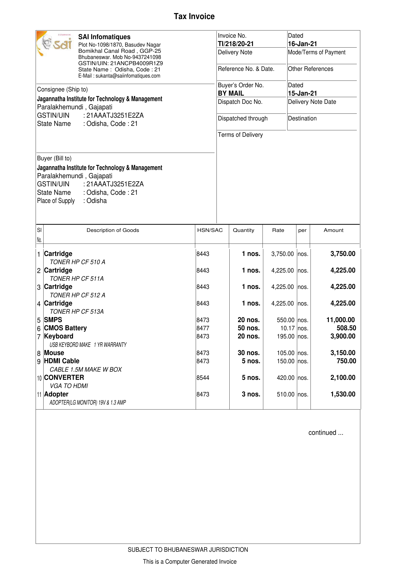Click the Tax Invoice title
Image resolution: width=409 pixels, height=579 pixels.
194,16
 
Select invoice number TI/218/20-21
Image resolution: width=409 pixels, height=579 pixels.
236,44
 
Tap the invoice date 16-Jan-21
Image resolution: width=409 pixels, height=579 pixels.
302,44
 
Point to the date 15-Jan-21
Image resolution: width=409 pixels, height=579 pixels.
302,93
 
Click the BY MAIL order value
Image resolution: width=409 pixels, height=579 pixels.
231,93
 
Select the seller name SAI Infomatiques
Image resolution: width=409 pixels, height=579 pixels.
104,37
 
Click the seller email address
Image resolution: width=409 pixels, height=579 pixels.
119,76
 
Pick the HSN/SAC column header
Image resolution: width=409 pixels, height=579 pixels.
210,230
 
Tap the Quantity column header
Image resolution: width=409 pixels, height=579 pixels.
243,230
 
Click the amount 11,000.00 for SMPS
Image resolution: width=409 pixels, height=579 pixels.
340,320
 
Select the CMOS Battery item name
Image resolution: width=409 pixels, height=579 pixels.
65,328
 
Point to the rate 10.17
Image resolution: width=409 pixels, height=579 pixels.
287,328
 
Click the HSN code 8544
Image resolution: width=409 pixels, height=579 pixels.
203,378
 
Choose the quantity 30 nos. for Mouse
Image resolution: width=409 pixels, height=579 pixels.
249,353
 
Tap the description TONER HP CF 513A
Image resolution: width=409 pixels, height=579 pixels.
76,312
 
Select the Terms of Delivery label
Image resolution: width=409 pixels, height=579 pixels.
240,135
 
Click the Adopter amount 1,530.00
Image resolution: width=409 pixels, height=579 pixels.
343,394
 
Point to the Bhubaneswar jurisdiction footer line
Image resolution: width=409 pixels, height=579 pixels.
188,550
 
